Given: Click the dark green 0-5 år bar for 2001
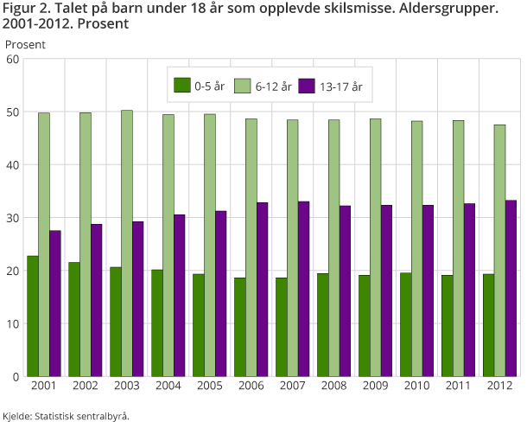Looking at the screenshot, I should pos(32,316).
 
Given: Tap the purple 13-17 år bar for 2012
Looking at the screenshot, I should pos(511,289).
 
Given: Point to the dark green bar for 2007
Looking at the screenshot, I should pos(281,327).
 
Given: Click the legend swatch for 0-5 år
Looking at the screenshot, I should pos(182,86).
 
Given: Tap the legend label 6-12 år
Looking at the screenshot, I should pos(273,86).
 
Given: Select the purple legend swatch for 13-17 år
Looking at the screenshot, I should pos(307,86).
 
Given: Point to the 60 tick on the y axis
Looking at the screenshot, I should pos(12,59).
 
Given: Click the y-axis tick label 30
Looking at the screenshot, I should pos(12,218).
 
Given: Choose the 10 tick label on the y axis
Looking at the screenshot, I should pos(12,324).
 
